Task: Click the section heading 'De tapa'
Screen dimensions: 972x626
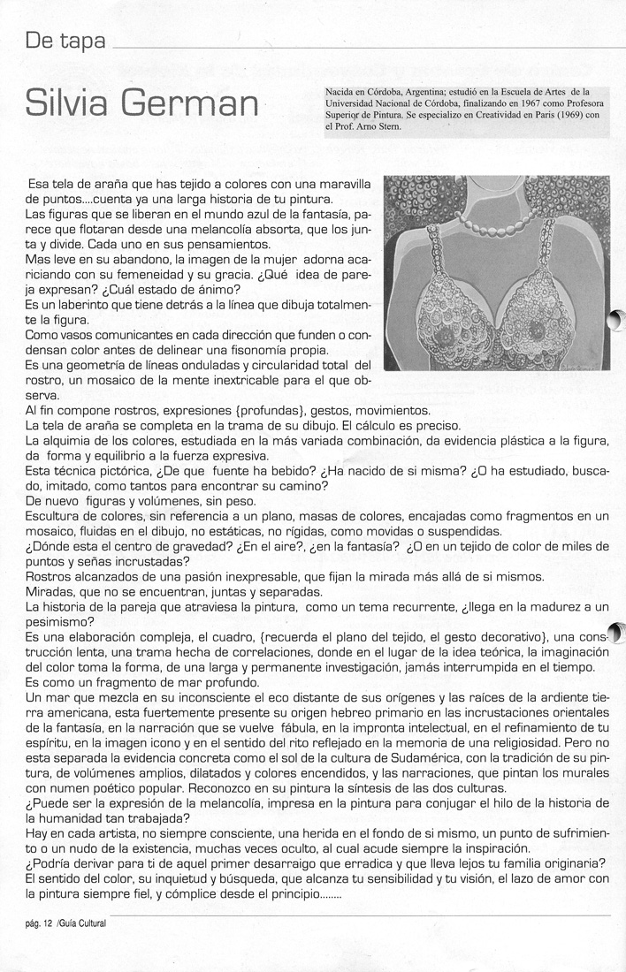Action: coord(66,42)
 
